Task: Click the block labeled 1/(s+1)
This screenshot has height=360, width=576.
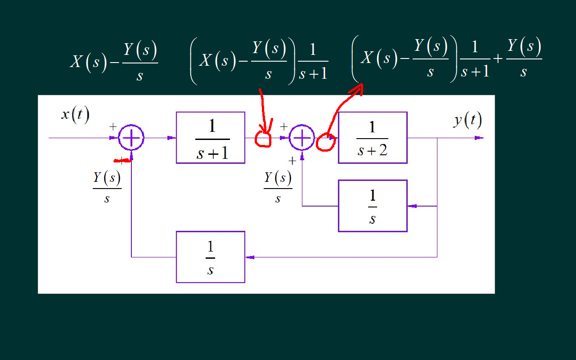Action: [x=211, y=138]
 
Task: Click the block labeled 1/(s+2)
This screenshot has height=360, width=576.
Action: [x=373, y=138]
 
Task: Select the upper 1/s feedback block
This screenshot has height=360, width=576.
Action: [x=373, y=206]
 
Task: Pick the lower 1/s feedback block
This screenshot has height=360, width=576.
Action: [x=211, y=257]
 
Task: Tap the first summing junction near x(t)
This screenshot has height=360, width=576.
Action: [x=131, y=138]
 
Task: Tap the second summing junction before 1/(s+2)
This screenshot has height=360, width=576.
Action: [x=302, y=138]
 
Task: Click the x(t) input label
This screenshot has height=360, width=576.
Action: [x=75, y=115]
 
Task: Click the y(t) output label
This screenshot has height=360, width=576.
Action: [x=468, y=120]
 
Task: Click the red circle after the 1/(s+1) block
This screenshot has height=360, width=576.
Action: [x=263, y=139]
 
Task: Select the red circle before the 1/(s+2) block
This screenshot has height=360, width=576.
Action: [x=325, y=143]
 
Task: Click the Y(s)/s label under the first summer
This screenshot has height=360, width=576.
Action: [x=107, y=187]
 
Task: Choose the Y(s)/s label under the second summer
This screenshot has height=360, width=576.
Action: [x=278, y=187]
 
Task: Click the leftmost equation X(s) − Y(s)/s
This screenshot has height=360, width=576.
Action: [x=114, y=62]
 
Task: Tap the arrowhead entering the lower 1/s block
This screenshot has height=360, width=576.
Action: [x=249, y=257]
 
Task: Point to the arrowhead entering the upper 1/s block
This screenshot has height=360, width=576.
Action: [x=411, y=206]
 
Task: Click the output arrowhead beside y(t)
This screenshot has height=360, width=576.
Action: [x=480, y=138]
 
